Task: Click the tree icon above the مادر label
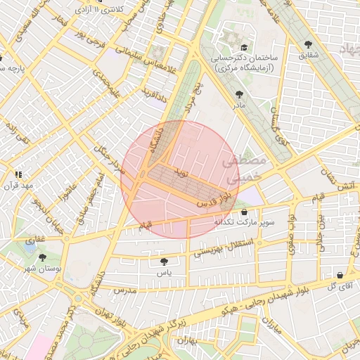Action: [240, 93]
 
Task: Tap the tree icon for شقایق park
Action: [311, 41]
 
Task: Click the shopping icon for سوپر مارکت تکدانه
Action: [244, 212]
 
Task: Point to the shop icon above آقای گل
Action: [340, 276]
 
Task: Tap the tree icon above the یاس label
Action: [164, 261]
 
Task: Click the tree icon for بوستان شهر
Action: [44, 258]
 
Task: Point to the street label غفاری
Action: [32, 240]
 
